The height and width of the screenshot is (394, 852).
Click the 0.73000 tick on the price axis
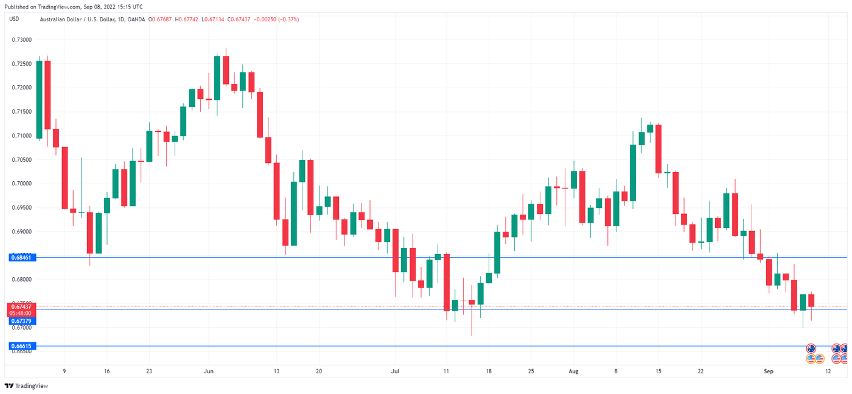coord(21,40)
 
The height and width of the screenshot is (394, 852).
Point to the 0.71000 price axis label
coord(21,136)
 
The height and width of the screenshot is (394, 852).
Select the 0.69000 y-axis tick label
coord(21,232)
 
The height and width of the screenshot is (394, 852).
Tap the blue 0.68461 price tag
coord(22,258)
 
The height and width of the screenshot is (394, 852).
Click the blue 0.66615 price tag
coord(22,346)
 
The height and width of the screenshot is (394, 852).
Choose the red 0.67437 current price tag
coord(22,306)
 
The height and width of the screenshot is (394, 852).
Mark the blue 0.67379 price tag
coord(22,320)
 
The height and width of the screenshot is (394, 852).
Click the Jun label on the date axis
coord(209,371)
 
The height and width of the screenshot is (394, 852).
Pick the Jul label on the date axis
coord(396,371)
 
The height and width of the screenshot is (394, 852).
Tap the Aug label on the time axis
coord(573,371)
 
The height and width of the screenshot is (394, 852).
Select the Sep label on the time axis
coord(768,371)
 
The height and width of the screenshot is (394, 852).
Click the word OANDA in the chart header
coord(137,19)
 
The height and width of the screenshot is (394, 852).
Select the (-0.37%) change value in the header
coord(288,19)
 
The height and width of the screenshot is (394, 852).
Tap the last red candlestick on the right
coord(811,300)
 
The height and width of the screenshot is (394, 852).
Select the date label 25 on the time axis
coord(531,371)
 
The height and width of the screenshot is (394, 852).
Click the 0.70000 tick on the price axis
coord(21,184)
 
